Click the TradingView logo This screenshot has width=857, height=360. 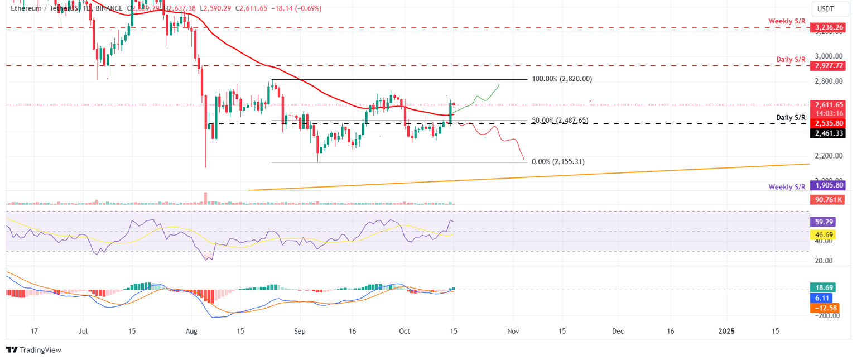coord(33,350)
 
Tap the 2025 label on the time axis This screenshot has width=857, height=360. coord(726,331)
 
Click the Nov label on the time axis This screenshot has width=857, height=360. coord(514,331)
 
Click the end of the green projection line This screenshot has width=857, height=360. coord(499,84)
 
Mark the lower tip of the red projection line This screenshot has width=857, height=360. coord(524,160)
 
